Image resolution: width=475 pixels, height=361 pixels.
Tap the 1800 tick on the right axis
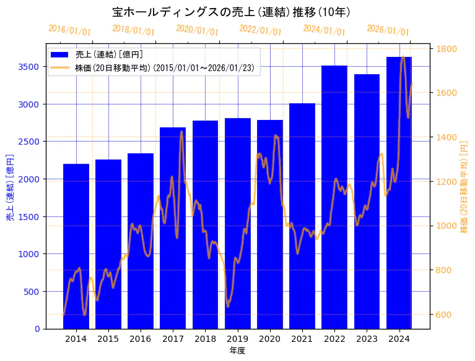click(447, 49)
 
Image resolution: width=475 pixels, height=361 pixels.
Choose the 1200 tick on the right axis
click(447, 182)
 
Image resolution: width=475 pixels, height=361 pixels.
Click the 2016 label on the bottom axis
click(141, 339)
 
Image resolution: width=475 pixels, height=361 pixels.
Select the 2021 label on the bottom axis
click(302, 339)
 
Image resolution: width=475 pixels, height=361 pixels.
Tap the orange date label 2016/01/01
click(69, 30)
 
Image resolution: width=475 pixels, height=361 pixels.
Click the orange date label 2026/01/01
click(388, 30)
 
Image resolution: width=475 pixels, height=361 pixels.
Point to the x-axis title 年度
click(237, 351)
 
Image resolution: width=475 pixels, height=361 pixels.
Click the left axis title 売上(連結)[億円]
click(10, 188)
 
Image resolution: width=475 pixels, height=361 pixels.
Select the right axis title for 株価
click(464, 188)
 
